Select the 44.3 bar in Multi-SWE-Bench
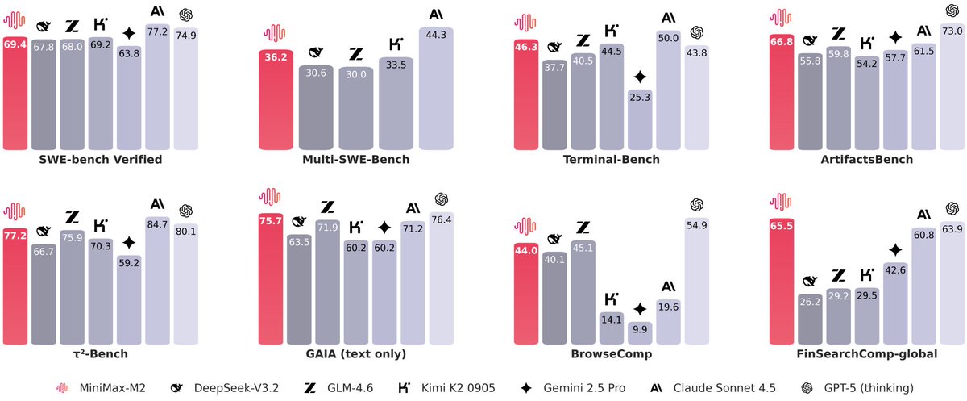(x=437, y=89)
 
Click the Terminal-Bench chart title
(x=612, y=160)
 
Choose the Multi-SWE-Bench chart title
(x=356, y=160)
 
